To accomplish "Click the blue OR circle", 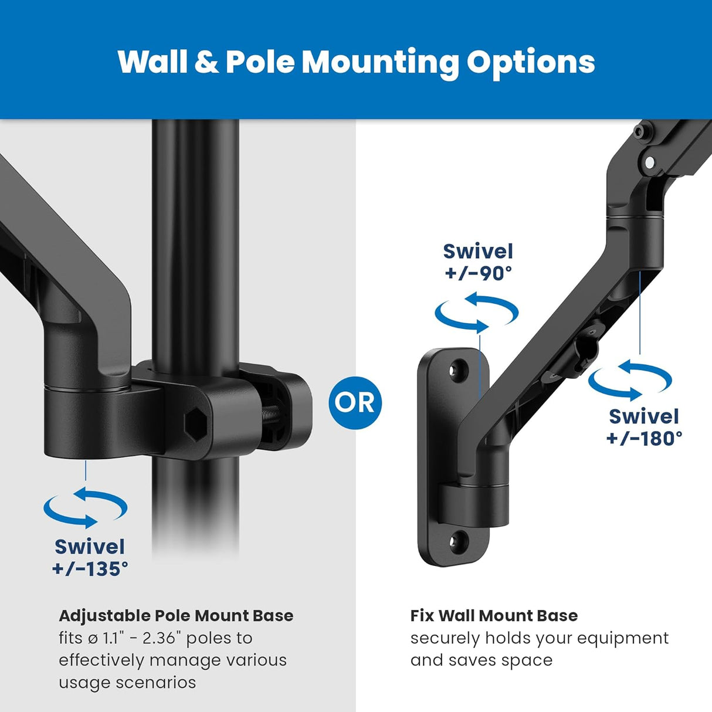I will click(x=355, y=403).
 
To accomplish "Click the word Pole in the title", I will click(x=259, y=62).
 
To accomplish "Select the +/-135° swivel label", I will click(x=90, y=558).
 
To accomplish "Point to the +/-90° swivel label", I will click(x=478, y=262).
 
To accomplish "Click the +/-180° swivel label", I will click(x=644, y=428).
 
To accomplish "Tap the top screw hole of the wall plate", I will click(x=455, y=369).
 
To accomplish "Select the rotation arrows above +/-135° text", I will click(x=86, y=507).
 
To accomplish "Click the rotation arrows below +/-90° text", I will click(x=476, y=312).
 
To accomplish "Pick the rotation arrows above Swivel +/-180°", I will click(x=630, y=379).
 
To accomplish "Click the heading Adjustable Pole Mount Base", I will click(x=176, y=616).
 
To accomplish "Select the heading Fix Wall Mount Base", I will click(x=494, y=616).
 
